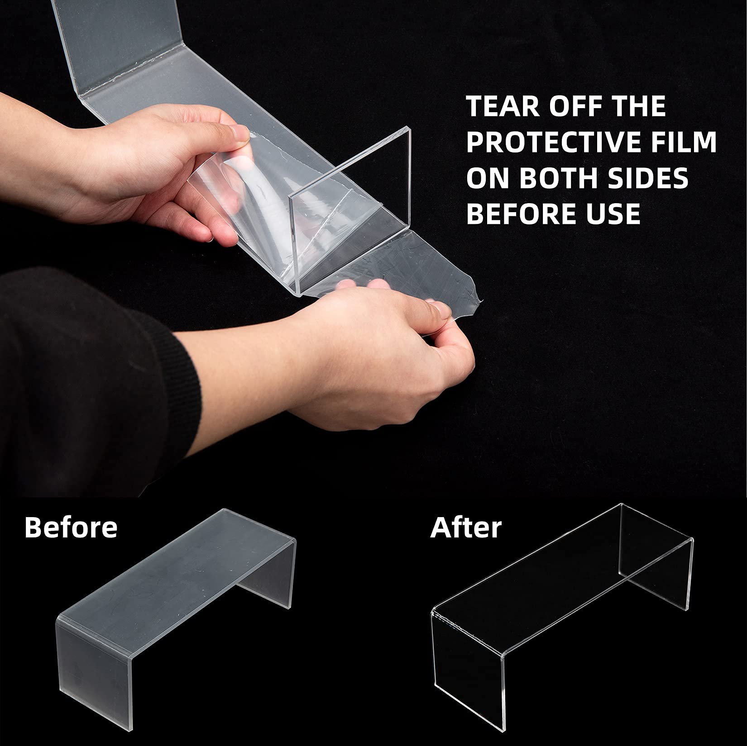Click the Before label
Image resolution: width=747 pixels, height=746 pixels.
point(71,527)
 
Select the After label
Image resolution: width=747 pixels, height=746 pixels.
point(466,527)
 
